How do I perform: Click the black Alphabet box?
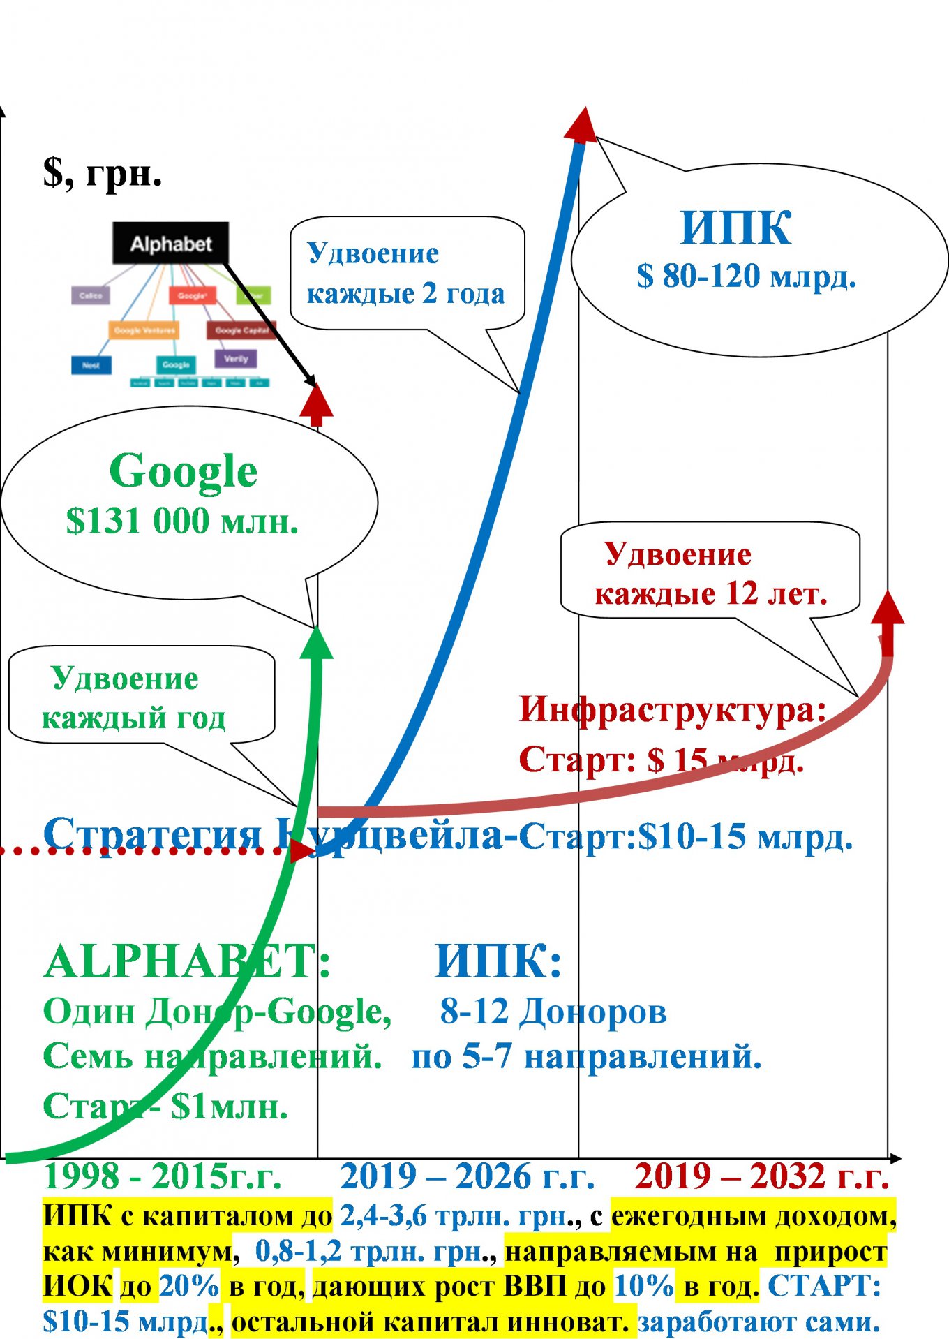171,244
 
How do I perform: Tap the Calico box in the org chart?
91,295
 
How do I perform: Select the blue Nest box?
91,365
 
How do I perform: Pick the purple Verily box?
236,359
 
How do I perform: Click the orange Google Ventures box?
144,330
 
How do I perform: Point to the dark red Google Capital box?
241,330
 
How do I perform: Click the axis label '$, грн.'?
102,172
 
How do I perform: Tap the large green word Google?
184,472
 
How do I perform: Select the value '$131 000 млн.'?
182,521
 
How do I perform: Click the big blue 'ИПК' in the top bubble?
735,228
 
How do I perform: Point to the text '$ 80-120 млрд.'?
746,276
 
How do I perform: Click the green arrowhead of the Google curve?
317,643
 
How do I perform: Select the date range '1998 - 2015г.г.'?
162,1177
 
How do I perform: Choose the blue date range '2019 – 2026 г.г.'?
467,1177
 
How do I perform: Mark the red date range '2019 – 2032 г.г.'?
761,1177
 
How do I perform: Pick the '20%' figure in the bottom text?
189,1286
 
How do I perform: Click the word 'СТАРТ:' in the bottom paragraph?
824,1286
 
